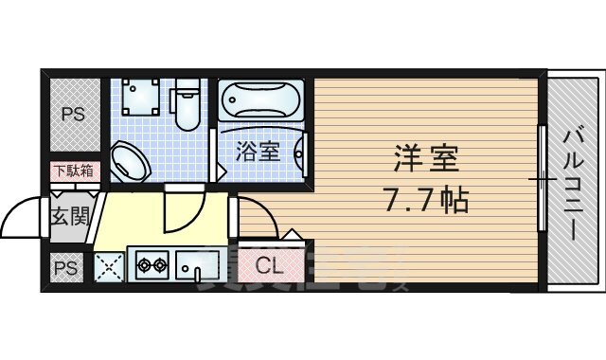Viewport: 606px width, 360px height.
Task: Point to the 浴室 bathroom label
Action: point(258,151)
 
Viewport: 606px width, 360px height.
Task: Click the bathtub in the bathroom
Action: point(261,101)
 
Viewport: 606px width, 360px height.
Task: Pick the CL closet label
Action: point(269,266)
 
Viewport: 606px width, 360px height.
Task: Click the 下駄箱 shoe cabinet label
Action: point(72,171)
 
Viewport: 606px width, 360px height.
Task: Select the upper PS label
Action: point(73,116)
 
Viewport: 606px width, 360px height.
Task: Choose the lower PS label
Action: point(67,268)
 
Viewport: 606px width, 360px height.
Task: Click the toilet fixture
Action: point(187,104)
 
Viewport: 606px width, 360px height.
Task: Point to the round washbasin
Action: point(130,162)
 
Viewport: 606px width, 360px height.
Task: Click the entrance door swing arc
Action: point(21,223)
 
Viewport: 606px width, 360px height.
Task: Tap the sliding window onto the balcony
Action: point(542,180)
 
